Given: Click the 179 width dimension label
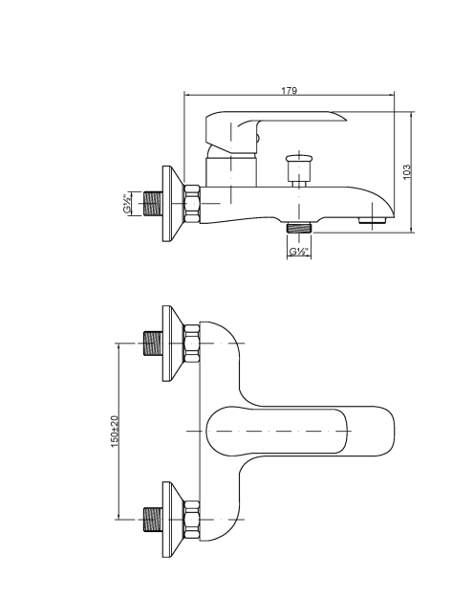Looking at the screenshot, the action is click(290, 91).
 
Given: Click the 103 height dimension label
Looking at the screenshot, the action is click(406, 171).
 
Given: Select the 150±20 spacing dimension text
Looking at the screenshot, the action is click(115, 432).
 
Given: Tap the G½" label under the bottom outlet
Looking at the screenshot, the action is click(298, 252).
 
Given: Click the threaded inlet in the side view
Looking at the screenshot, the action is click(153, 203).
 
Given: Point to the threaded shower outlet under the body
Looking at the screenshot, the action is click(299, 228).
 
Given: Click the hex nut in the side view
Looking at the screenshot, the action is click(192, 204).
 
